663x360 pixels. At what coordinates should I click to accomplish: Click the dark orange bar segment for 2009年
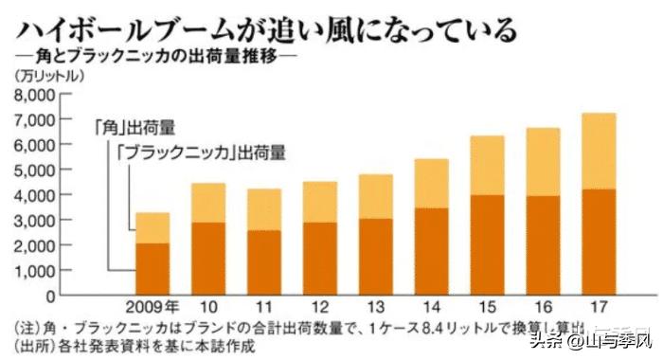[x=152, y=269]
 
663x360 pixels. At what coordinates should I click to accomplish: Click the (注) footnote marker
[x=26, y=327]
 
